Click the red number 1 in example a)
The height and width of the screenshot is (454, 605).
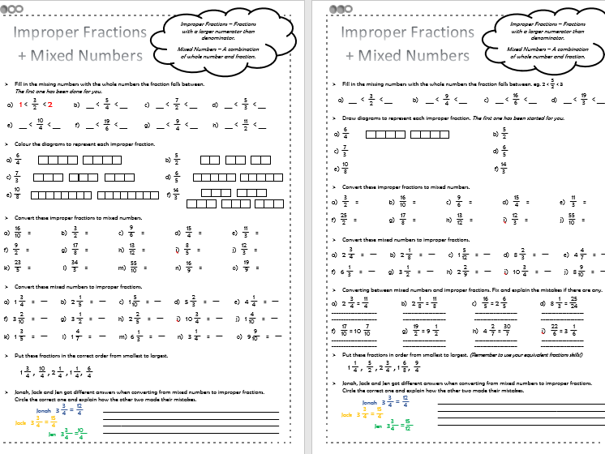click(22, 105)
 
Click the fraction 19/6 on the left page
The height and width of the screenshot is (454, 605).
click(106, 126)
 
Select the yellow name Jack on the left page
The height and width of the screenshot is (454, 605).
click(22, 422)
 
